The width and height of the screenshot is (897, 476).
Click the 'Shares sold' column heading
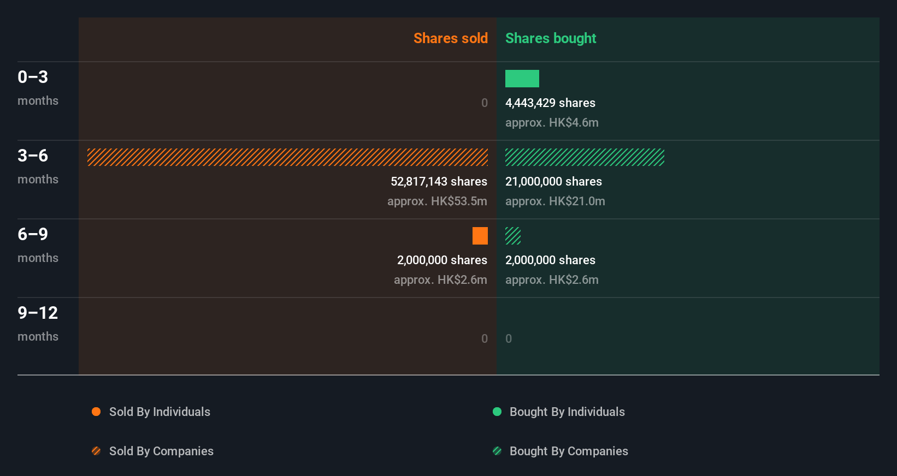coord(450,38)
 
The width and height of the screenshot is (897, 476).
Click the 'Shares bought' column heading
coord(550,38)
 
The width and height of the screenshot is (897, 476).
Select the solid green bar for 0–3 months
coord(522,79)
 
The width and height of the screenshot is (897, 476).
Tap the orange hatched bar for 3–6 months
coord(287,157)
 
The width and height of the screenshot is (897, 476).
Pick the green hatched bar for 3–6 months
coord(585,157)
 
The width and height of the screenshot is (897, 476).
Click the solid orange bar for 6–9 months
coord(480,236)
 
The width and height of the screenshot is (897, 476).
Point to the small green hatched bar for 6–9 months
coord(512,236)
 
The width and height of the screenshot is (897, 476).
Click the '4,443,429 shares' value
coord(550,103)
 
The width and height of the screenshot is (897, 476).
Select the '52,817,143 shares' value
coord(439,181)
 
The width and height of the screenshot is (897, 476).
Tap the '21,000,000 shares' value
coord(553,181)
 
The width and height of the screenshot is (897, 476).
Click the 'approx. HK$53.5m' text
coord(437,201)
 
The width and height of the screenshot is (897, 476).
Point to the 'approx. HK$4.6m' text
coord(552,122)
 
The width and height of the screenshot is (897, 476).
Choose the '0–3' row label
coord(33,77)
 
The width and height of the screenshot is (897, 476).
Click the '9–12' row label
coord(38,313)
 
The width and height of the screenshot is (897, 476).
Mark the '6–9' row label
coord(33,234)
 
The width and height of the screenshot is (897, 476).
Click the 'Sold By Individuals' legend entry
coord(159,412)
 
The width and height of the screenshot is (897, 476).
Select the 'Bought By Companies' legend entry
coord(568,451)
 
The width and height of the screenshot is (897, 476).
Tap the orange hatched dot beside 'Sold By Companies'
coord(96,451)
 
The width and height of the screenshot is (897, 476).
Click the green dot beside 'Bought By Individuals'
coord(497,412)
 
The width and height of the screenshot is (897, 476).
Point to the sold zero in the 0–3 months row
coord(484,103)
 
